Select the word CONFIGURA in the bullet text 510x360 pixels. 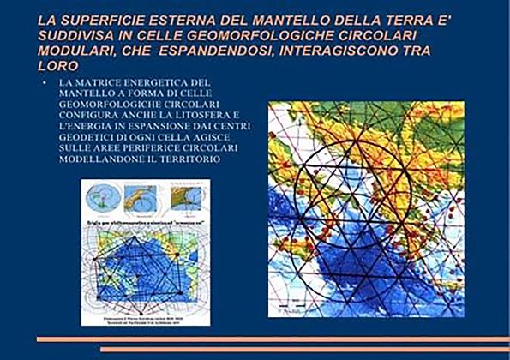tap(92, 115)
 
